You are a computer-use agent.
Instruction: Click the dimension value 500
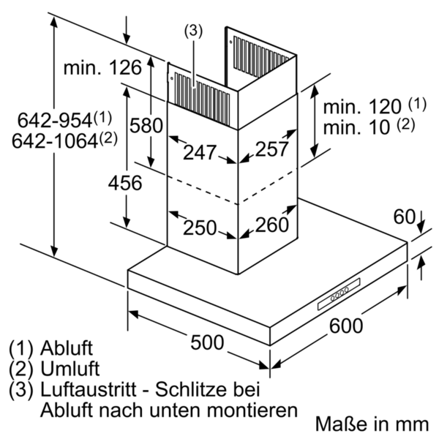207,342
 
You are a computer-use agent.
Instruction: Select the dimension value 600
346,326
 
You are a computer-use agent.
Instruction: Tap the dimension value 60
405,217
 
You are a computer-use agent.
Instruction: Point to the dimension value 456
125,183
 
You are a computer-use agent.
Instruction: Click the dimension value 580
146,125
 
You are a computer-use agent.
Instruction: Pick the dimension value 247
200,152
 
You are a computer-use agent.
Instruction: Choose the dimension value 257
271,149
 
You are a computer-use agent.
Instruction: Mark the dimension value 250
200,228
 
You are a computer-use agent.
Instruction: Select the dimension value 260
271,225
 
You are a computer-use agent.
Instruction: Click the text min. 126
102,67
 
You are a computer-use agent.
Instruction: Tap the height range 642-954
55,121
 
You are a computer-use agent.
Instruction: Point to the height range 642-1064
55,140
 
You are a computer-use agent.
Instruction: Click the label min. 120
362,107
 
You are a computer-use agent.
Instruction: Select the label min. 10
357,127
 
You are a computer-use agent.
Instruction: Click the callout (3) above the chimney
193,31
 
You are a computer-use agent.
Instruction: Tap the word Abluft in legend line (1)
67,348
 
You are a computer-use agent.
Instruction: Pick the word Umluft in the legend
70,369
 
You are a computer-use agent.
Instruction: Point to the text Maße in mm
372,424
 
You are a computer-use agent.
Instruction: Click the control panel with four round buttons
339,294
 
